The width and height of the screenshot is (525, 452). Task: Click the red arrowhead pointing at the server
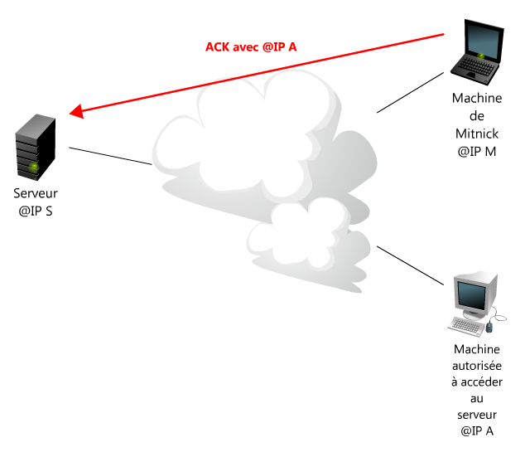click(77, 111)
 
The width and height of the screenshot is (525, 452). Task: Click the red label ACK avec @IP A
click(251, 47)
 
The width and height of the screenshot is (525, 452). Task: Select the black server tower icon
click(36, 147)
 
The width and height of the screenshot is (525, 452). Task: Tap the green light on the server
click(33, 167)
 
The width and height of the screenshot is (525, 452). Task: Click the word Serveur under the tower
click(36, 193)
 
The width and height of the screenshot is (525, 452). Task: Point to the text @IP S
click(36, 211)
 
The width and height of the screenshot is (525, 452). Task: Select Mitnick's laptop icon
click(477, 52)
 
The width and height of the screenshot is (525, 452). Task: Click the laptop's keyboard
click(474, 66)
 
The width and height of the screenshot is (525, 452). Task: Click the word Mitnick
click(477, 134)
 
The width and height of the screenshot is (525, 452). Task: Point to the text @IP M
click(477, 152)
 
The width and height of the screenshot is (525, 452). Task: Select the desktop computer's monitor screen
click(472, 296)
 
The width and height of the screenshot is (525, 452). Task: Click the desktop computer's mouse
click(489, 326)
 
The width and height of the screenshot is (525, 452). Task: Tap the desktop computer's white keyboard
click(466, 326)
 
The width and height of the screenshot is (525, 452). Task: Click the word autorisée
click(477, 366)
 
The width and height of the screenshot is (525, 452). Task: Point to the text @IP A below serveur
click(477, 431)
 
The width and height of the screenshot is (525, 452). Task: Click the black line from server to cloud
click(110, 156)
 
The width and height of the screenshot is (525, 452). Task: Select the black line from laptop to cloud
click(411, 93)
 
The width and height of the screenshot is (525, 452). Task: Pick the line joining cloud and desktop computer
click(411, 265)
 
